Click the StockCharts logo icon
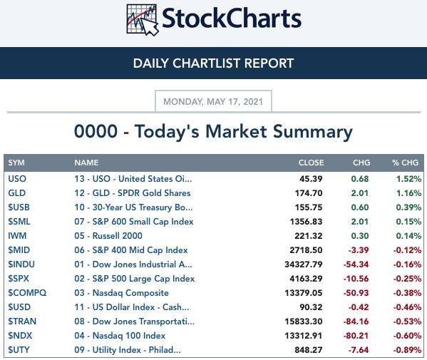coord(143,20)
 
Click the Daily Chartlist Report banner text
coord(214,63)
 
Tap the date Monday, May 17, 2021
coord(213,101)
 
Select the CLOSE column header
coord(311,163)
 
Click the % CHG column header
coord(405,163)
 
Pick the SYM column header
coord(16,163)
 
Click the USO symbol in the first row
coord(17,179)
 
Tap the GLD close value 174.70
coord(309,193)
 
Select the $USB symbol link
coord(19,207)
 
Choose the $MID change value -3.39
coord(359,250)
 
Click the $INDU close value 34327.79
coord(304,264)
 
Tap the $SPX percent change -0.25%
coord(407,279)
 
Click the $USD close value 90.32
coord(311,307)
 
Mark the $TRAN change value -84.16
coord(356,322)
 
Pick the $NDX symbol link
coord(20,336)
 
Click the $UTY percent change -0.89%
coord(407,350)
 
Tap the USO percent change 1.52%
coord(408,179)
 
